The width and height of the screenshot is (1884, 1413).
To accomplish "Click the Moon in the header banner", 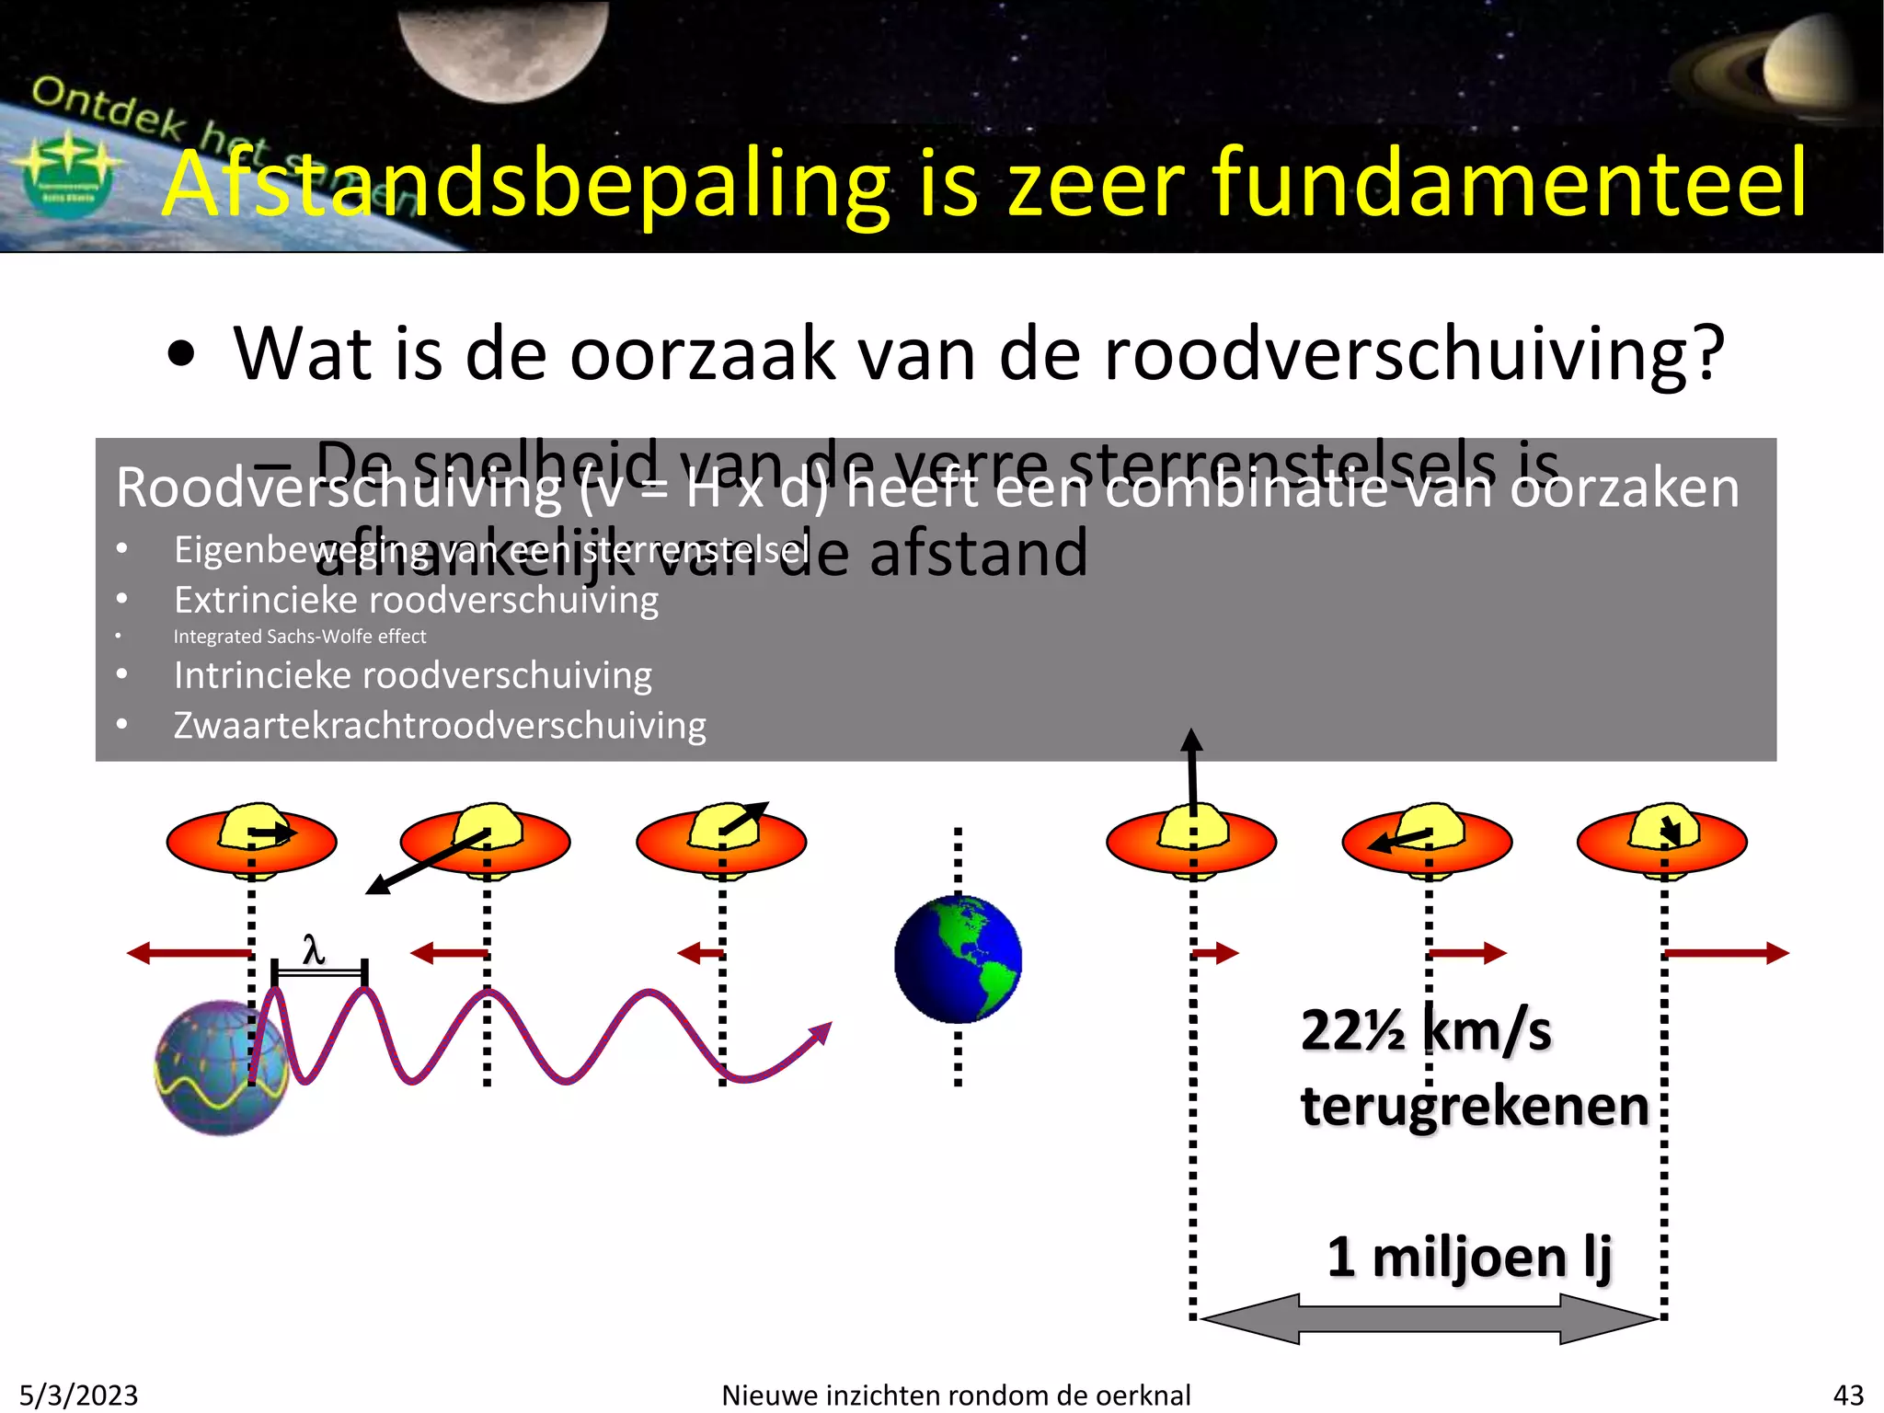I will (503, 46).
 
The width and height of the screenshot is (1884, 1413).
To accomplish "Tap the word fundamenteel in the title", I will (1509, 184).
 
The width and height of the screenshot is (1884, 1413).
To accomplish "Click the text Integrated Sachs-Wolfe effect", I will (300, 637).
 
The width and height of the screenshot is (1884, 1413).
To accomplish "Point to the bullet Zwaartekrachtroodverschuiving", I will (440, 726).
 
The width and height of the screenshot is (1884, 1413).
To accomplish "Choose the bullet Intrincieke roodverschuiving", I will (413, 676).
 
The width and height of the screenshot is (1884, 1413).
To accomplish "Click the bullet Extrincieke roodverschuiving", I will (416, 601).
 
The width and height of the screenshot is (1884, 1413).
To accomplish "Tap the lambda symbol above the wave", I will (314, 948).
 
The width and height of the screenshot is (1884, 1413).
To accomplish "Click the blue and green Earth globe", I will (958, 959).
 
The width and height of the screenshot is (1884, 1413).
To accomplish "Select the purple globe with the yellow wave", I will (221, 1068).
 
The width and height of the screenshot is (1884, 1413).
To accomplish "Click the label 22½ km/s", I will (1426, 1030).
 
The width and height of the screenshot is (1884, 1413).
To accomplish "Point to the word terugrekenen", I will (1475, 1106).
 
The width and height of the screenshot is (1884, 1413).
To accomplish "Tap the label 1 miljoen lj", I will (1469, 1257).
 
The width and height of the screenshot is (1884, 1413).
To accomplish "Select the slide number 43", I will (1848, 1395).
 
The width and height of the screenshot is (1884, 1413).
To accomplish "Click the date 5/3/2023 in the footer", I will (79, 1395).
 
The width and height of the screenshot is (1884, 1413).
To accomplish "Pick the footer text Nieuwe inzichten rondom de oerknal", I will (956, 1395).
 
